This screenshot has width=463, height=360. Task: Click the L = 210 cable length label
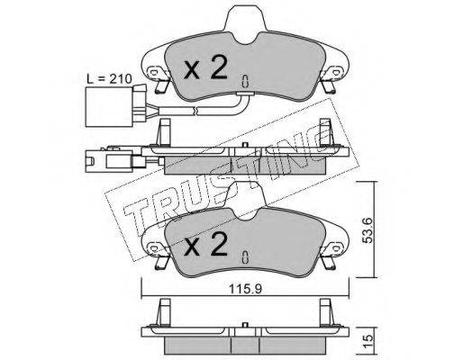(x=109, y=79)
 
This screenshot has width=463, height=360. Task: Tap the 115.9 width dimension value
(x=246, y=289)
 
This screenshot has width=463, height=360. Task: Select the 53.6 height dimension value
(x=367, y=230)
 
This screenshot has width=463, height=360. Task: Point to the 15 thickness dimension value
(x=368, y=338)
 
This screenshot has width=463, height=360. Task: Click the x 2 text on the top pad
(x=205, y=67)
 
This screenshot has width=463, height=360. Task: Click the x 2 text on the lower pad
(x=205, y=244)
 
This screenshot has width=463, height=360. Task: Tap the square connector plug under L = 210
(x=109, y=107)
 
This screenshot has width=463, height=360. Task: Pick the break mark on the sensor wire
(x=195, y=111)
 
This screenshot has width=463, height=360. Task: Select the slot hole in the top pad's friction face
(x=245, y=81)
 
